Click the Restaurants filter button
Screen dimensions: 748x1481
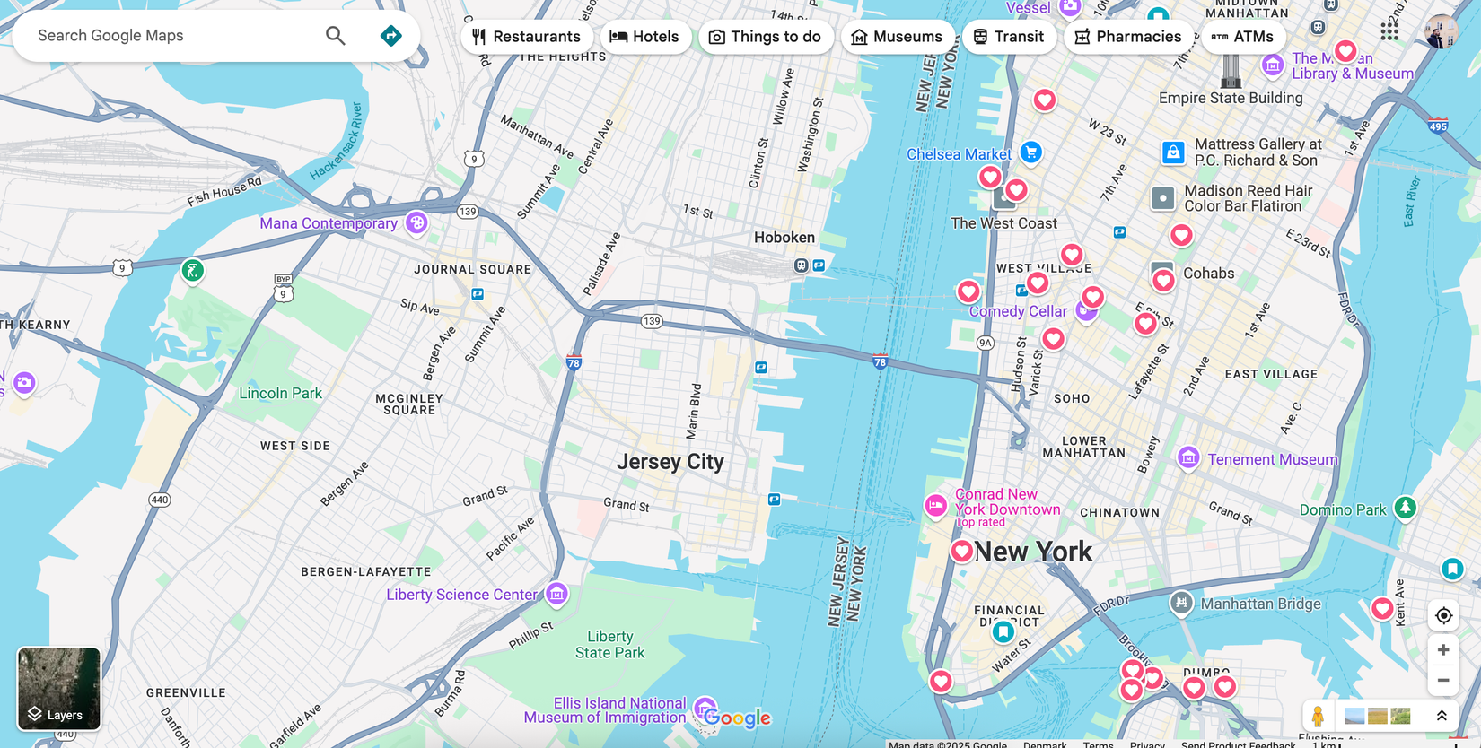pyautogui.click(x=526, y=37)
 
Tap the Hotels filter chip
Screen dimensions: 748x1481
pyautogui.click(x=644, y=37)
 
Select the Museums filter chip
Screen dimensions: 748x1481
pyautogui.click(x=897, y=37)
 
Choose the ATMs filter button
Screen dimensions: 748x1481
pyautogui.click(x=1242, y=37)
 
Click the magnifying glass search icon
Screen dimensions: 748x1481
pyautogui.click(x=335, y=36)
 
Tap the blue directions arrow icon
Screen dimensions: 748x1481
pyautogui.click(x=390, y=36)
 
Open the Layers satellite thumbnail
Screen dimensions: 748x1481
pyautogui.click(x=59, y=689)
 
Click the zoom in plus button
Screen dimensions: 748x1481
pyautogui.click(x=1443, y=650)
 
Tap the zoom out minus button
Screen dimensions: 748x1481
pyautogui.click(x=1443, y=681)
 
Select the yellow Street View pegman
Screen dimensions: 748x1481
pyautogui.click(x=1318, y=716)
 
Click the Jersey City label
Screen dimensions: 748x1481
pyautogui.click(x=670, y=462)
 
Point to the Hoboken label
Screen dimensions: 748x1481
pyautogui.click(x=784, y=238)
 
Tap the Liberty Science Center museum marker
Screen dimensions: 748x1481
pyautogui.click(x=556, y=593)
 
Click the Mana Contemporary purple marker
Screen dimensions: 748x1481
pyautogui.click(x=416, y=222)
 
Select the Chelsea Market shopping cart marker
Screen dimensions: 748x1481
pyautogui.click(x=1030, y=152)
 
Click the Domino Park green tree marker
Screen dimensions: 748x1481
pyautogui.click(x=1405, y=508)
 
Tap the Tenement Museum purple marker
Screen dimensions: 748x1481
pyautogui.click(x=1188, y=458)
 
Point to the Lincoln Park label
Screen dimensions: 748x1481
pyautogui.click(x=280, y=393)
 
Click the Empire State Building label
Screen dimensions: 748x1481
pyautogui.click(x=1231, y=98)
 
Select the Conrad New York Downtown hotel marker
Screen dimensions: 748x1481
pyautogui.click(x=935, y=506)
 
